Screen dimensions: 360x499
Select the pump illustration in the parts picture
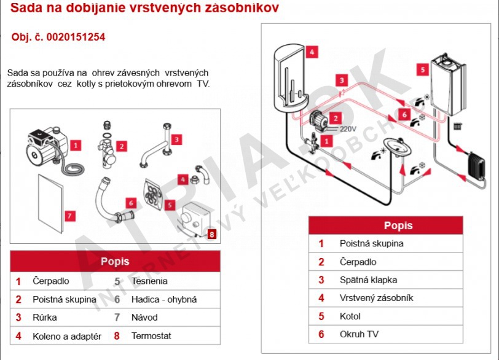(x=45, y=144)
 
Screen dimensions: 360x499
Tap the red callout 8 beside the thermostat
(x=211, y=233)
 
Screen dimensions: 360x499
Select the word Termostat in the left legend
(x=151, y=336)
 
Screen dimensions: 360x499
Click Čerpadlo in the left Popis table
(x=50, y=281)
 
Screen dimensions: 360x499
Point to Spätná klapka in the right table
(x=368, y=280)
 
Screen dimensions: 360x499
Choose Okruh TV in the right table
(x=360, y=335)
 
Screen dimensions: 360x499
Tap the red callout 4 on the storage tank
(x=312, y=52)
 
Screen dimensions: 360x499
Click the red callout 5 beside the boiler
(x=422, y=69)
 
